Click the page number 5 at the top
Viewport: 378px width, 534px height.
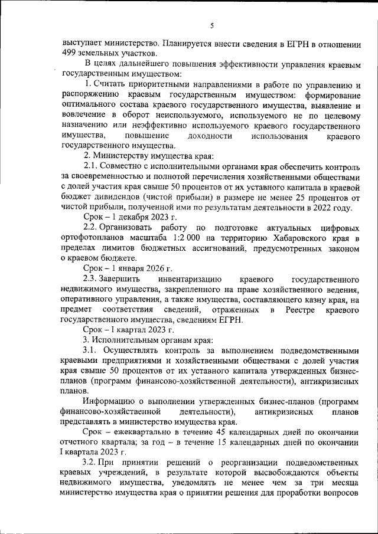211,25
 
